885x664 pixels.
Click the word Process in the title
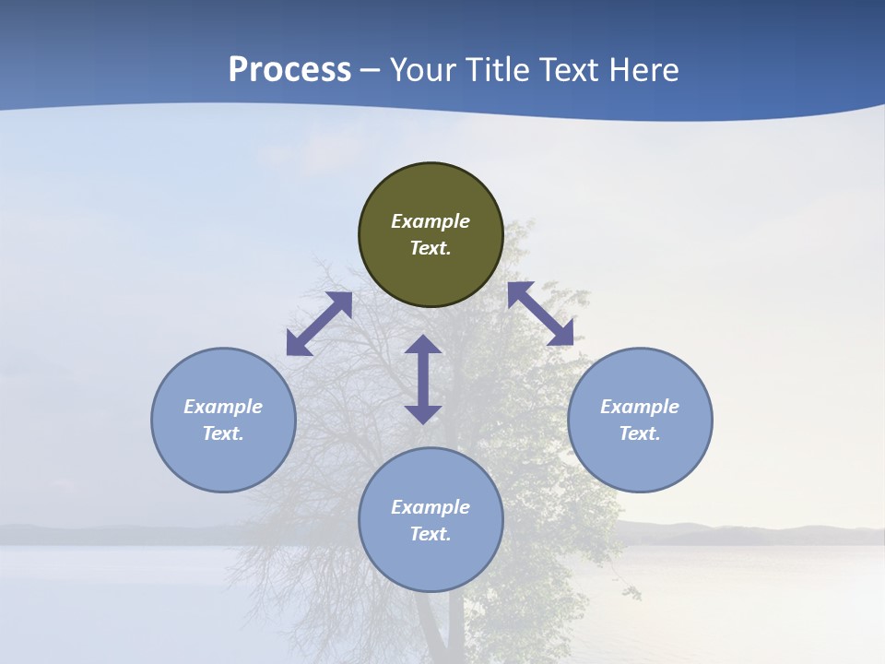(x=289, y=70)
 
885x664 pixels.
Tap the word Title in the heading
(x=503, y=70)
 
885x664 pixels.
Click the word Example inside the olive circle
(x=431, y=221)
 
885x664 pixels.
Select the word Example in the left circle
(x=223, y=407)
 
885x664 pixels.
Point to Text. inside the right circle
(x=640, y=433)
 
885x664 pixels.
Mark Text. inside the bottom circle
(x=431, y=534)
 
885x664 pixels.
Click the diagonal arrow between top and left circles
(x=319, y=324)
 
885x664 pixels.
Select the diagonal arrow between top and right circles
(x=540, y=314)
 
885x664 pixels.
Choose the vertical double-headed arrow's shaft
(x=423, y=379)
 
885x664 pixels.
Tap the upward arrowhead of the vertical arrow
(x=423, y=343)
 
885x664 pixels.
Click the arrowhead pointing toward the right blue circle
(x=560, y=333)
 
